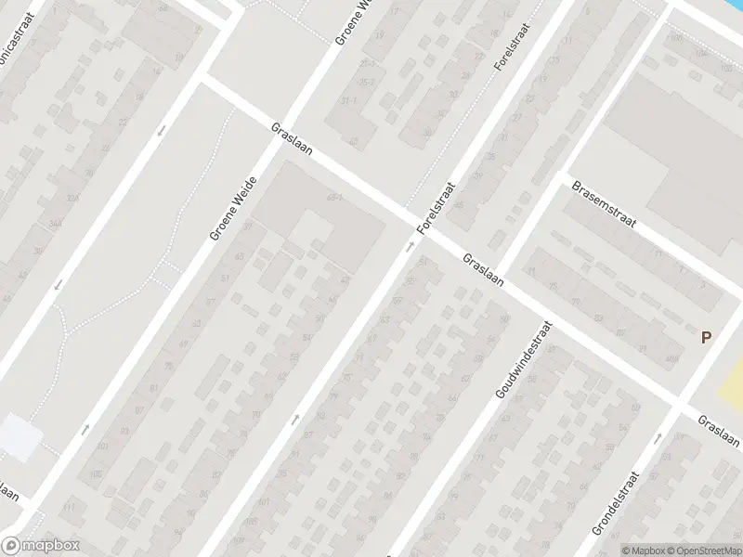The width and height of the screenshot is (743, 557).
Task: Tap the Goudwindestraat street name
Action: [x=524, y=360]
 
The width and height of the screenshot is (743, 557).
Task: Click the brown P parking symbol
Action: [x=706, y=338]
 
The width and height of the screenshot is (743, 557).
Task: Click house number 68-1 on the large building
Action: [x=335, y=198]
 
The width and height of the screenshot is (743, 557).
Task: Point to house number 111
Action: [x=69, y=508]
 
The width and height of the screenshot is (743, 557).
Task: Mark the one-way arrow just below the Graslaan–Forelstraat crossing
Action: [x=409, y=247]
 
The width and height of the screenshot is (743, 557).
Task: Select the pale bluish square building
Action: [x=19, y=436]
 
